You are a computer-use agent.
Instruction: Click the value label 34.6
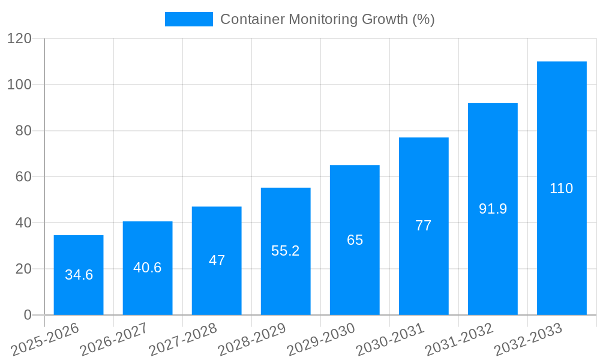pyautogui.click(x=79, y=275)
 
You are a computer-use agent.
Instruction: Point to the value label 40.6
pyautogui.click(x=148, y=268)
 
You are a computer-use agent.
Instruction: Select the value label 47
pyautogui.click(x=217, y=260)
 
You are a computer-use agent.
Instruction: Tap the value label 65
pyautogui.click(x=355, y=240)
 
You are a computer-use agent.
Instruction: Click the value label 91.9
pyautogui.click(x=493, y=209)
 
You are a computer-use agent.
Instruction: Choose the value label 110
pyautogui.click(x=562, y=188)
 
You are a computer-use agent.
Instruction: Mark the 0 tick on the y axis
pyautogui.click(x=27, y=315)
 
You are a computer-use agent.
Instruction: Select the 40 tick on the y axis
pyautogui.click(x=23, y=223)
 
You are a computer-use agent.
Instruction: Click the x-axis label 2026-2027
pyautogui.click(x=114, y=340)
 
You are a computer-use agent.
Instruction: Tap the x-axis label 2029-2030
pyautogui.click(x=321, y=340)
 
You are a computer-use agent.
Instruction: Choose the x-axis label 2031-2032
pyautogui.click(x=459, y=340)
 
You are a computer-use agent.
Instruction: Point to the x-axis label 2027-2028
pyautogui.click(x=183, y=340)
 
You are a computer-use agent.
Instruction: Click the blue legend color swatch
pyautogui.click(x=188, y=19)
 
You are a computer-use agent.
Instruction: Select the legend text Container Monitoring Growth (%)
pyautogui.click(x=327, y=19)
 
